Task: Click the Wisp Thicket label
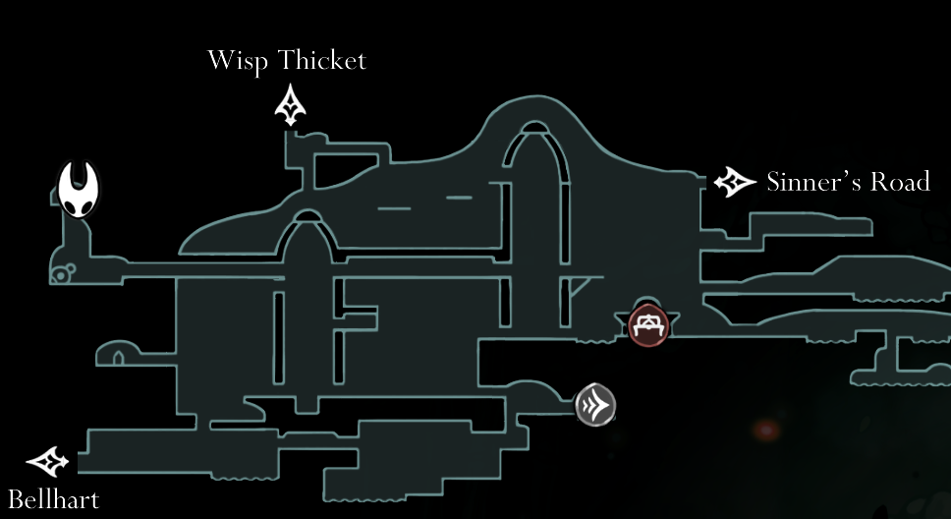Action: click(x=286, y=60)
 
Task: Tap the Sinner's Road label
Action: click(x=848, y=182)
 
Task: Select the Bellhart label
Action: click(x=53, y=499)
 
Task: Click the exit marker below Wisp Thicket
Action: click(x=291, y=105)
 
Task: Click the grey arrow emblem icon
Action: click(x=595, y=403)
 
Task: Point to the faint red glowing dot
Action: click(x=763, y=430)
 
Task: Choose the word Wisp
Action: click(x=238, y=60)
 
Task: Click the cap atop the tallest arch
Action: click(x=533, y=128)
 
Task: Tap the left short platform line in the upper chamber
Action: click(x=394, y=208)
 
